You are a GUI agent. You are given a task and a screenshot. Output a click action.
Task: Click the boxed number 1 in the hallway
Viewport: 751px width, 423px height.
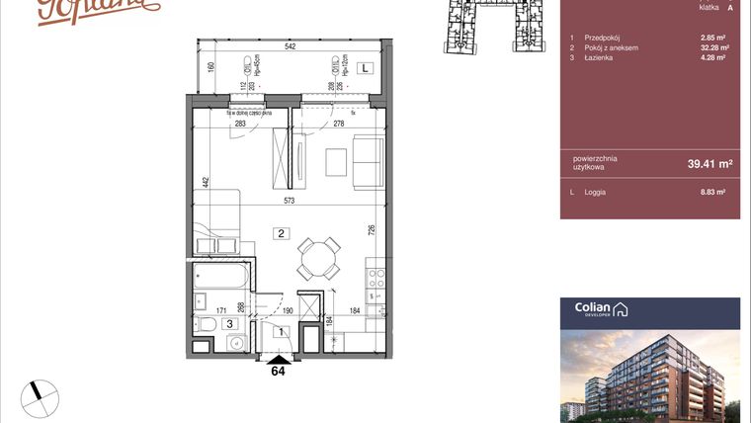click(x=281, y=333)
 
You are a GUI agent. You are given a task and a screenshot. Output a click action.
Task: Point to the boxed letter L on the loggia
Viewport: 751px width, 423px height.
click(x=365, y=68)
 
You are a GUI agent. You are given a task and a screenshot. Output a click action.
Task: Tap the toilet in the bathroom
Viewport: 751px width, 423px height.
click(x=205, y=323)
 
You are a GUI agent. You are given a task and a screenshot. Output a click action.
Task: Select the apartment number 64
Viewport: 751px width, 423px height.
click(x=279, y=373)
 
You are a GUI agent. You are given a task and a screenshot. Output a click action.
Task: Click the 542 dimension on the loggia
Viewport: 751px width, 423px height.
click(x=291, y=46)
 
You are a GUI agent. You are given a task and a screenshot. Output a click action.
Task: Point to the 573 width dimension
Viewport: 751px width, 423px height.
click(x=290, y=202)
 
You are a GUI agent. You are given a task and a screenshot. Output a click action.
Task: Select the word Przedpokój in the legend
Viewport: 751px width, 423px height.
click(x=601, y=38)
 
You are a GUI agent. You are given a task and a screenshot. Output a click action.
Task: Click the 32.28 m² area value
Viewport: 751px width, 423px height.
click(x=713, y=47)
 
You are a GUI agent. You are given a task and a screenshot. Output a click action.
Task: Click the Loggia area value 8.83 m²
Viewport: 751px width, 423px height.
click(x=713, y=192)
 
